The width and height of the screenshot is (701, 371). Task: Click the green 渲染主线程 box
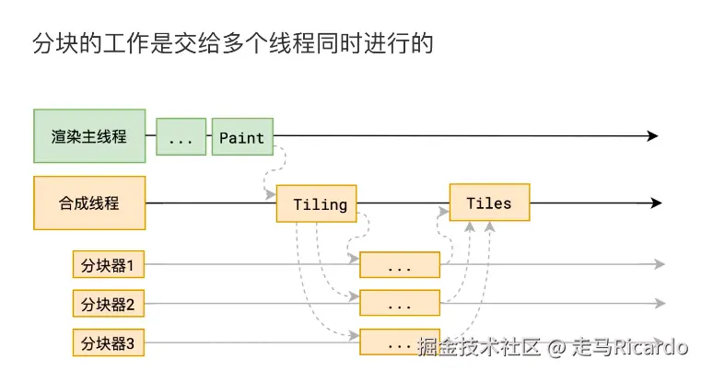click(89, 136)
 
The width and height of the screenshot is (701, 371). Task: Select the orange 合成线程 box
click(89, 203)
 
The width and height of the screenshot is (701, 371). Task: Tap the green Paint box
click(242, 137)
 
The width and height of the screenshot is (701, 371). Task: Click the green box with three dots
click(181, 137)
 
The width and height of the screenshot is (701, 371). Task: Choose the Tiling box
click(316, 203)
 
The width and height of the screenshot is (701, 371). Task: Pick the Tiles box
click(488, 203)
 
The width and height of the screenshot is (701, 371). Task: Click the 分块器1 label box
click(109, 265)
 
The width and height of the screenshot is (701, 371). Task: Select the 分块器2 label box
click(109, 303)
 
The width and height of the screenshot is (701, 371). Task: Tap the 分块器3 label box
click(109, 342)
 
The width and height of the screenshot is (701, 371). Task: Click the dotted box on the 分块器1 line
click(400, 265)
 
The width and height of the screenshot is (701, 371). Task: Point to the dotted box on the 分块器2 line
click(400, 303)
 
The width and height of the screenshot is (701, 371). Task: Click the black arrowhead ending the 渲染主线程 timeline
click(653, 136)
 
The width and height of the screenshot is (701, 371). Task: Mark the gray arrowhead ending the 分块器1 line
click(660, 265)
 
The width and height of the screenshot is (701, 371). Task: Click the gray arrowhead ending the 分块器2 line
click(660, 303)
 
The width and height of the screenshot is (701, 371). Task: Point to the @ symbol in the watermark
click(555, 348)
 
